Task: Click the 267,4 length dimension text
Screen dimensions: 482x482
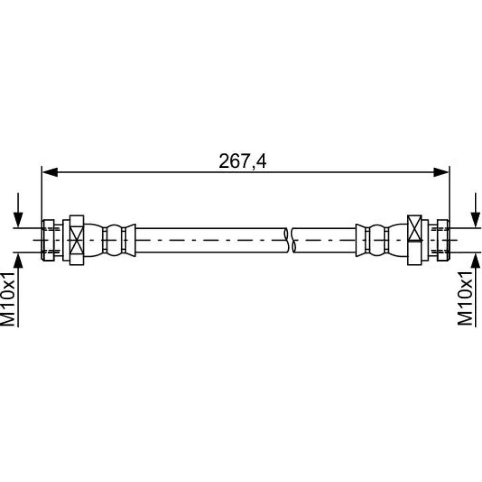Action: click(x=242, y=161)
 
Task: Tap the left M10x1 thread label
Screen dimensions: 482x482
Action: click(x=8, y=299)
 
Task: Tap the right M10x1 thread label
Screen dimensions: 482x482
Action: click(x=465, y=298)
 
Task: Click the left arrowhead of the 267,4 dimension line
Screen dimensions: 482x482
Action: click(x=50, y=172)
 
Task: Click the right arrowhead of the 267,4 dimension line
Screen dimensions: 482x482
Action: click(x=441, y=172)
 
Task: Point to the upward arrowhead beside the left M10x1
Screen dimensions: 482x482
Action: click(x=18, y=260)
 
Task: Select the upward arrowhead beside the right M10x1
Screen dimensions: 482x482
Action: click(x=476, y=260)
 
